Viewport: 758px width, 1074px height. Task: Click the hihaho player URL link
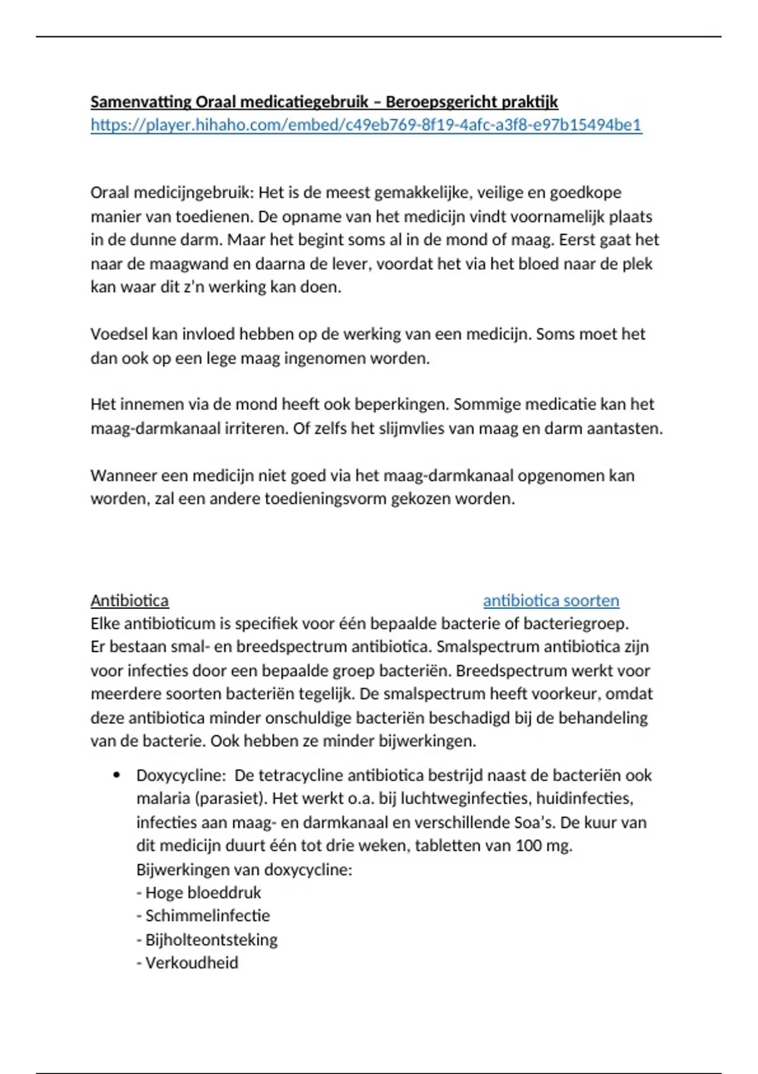click(x=366, y=125)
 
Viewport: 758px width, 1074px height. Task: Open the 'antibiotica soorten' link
click(x=551, y=600)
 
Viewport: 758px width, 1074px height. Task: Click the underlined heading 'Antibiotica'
click(x=129, y=600)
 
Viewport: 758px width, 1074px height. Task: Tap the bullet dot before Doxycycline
click(x=116, y=775)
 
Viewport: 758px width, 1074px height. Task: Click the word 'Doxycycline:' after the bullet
click(x=181, y=775)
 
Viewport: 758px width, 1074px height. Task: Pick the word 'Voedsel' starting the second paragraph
click(x=118, y=334)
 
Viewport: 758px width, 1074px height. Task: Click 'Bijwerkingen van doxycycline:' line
click(x=244, y=869)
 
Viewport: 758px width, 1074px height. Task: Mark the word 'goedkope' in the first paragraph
click(x=586, y=192)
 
